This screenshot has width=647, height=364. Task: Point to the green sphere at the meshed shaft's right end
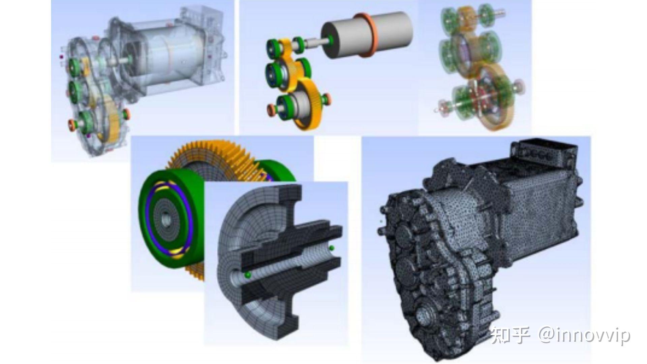(x=332, y=248)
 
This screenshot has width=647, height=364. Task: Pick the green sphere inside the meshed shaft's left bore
(x=248, y=275)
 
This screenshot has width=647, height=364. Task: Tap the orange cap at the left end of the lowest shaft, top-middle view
(x=271, y=110)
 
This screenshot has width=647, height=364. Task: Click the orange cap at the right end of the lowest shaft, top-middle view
(x=327, y=98)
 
